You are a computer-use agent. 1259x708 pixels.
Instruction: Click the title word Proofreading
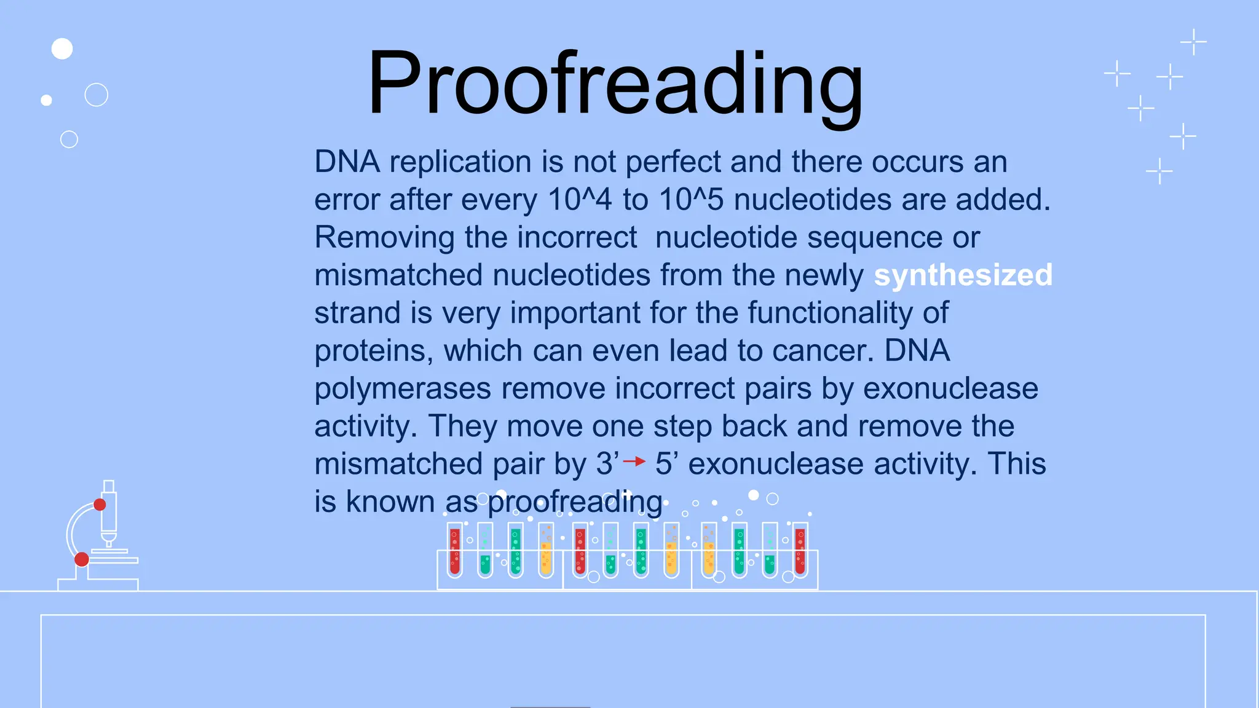click(615, 83)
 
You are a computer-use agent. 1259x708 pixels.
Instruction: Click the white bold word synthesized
click(963, 275)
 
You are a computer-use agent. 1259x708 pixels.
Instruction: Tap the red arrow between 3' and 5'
click(634, 461)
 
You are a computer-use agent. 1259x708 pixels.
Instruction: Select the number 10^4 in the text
click(579, 200)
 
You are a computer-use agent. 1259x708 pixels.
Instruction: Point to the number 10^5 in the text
click(691, 200)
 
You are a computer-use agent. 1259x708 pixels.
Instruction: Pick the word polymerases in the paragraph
click(403, 389)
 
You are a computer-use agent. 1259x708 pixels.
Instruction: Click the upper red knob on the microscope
click(100, 505)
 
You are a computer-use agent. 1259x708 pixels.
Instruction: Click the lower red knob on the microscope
click(82, 559)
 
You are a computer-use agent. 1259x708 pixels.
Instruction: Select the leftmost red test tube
click(455, 551)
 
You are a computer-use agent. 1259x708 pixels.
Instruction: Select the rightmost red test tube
click(800, 551)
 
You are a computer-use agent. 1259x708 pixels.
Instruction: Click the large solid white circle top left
click(62, 49)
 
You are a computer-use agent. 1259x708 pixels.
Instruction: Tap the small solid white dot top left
click(46, 100)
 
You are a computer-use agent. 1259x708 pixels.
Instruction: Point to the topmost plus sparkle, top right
click(1193, 42)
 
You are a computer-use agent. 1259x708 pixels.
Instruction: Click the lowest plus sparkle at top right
click(1159, 171)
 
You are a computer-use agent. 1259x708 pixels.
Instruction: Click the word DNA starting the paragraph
click(347, 162)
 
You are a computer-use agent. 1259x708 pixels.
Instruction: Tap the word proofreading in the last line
click(575, 502)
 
